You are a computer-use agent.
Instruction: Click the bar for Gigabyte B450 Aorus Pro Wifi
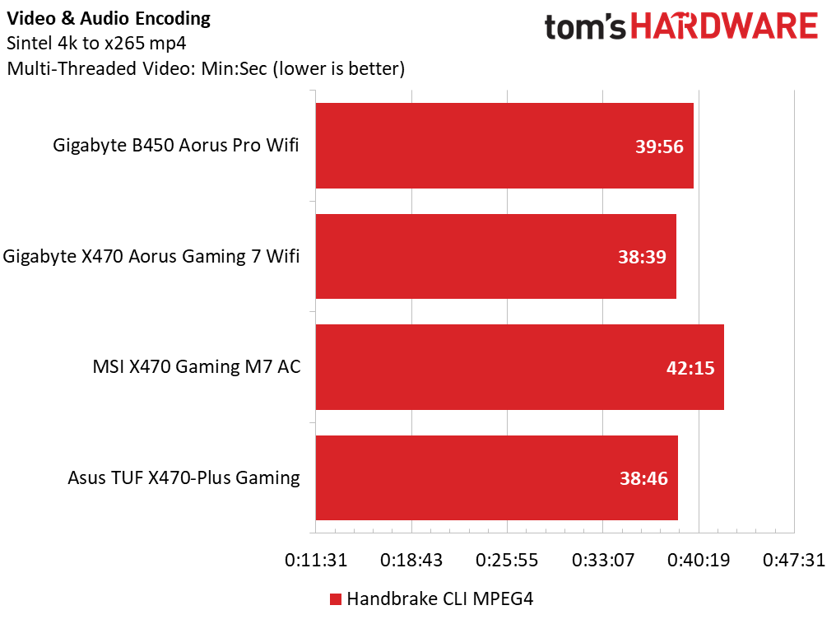pos(504,146)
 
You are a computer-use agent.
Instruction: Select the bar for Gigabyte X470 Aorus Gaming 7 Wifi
pos(496,257)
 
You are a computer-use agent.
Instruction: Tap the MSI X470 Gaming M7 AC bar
pos(520,367)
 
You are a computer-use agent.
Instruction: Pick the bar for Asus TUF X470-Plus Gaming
pos(497,477)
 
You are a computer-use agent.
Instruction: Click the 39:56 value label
pos(659,147)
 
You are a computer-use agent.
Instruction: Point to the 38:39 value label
pos(642,257)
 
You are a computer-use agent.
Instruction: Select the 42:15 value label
pos(690,368)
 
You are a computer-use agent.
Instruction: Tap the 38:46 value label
pos(643,478)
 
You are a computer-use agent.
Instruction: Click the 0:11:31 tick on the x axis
pos(316,560)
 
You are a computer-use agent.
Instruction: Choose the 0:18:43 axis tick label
pos(411,560)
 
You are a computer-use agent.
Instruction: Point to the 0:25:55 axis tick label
pos(507,560)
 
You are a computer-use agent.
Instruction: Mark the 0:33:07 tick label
pos(603,560)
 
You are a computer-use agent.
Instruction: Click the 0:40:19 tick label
pos(699,560)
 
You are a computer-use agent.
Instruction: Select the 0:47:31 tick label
pos(794,560)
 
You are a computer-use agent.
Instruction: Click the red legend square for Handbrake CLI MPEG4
pos(336,599)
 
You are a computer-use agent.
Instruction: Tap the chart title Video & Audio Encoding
pos(109,19)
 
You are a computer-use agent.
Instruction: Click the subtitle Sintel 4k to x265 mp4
pos(96,43)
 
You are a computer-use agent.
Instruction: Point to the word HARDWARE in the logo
pos(725,26)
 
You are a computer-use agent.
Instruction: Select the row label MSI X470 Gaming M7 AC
pos(197,367)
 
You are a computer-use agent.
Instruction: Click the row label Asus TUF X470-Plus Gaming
pos(184,477)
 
